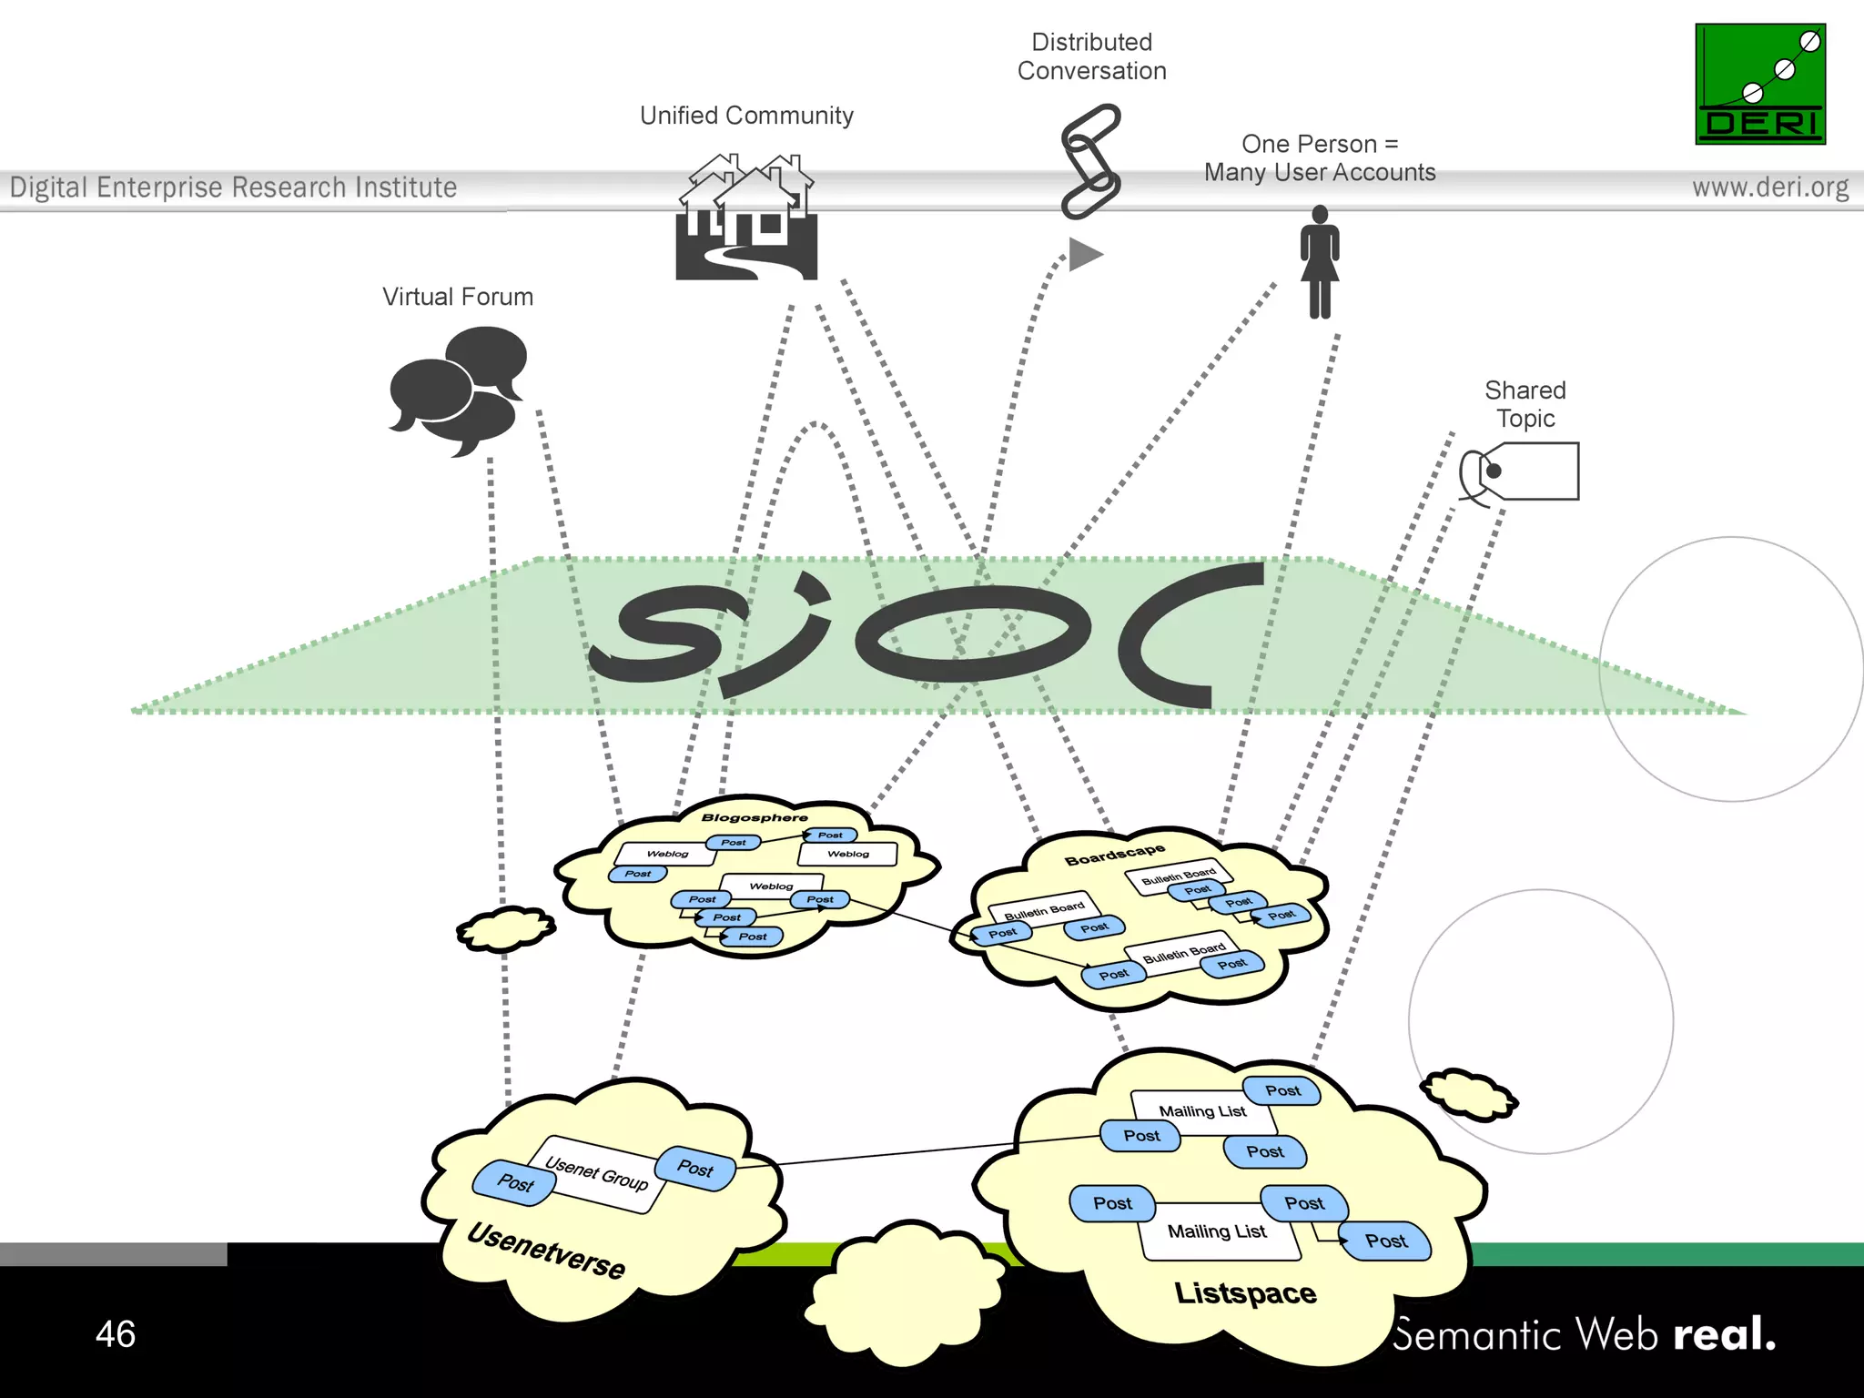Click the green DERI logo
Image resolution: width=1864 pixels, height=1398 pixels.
point(1760,84)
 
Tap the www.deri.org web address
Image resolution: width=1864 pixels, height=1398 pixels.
point(1769,187)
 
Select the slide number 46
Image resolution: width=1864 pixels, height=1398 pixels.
point(116,1334)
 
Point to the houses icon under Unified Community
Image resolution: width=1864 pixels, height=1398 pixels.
point(746,218)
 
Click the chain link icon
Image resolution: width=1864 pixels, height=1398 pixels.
point(1090,162)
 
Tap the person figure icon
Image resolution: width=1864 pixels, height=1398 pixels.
point(1320,262)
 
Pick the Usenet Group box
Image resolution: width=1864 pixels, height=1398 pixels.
point(597,1174)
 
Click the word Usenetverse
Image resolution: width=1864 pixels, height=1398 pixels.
point(546,1251)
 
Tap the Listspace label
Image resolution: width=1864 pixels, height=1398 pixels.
point(1245,1293)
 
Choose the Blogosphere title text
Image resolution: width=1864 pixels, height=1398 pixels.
point(755,817)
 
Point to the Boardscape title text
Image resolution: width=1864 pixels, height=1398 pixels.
point(1115,855)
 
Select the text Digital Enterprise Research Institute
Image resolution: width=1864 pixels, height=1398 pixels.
point(233,187)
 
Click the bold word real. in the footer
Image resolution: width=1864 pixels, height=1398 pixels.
point(1724,1333)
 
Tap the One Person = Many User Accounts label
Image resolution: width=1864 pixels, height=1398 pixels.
point(1320,158)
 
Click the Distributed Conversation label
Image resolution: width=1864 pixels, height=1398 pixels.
point(1091,56)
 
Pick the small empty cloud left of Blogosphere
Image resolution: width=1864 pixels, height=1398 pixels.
point(506,929)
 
